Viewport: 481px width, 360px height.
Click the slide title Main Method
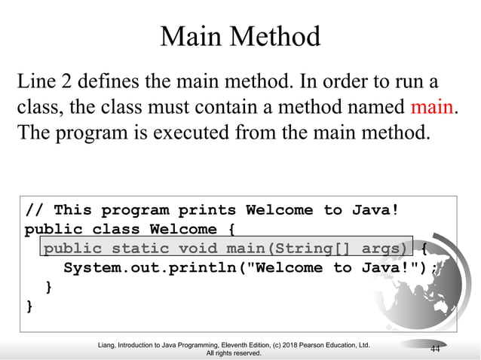(x=240, y=35)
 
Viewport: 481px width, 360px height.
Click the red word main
(x=432, y=107)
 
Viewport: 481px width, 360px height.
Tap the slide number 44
(x=435, y=348)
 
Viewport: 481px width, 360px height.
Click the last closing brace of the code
(x=29, y=307)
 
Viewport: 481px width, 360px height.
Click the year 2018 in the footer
(x=296, y=344)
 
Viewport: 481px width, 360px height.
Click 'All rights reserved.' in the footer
(x=234, y=352)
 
